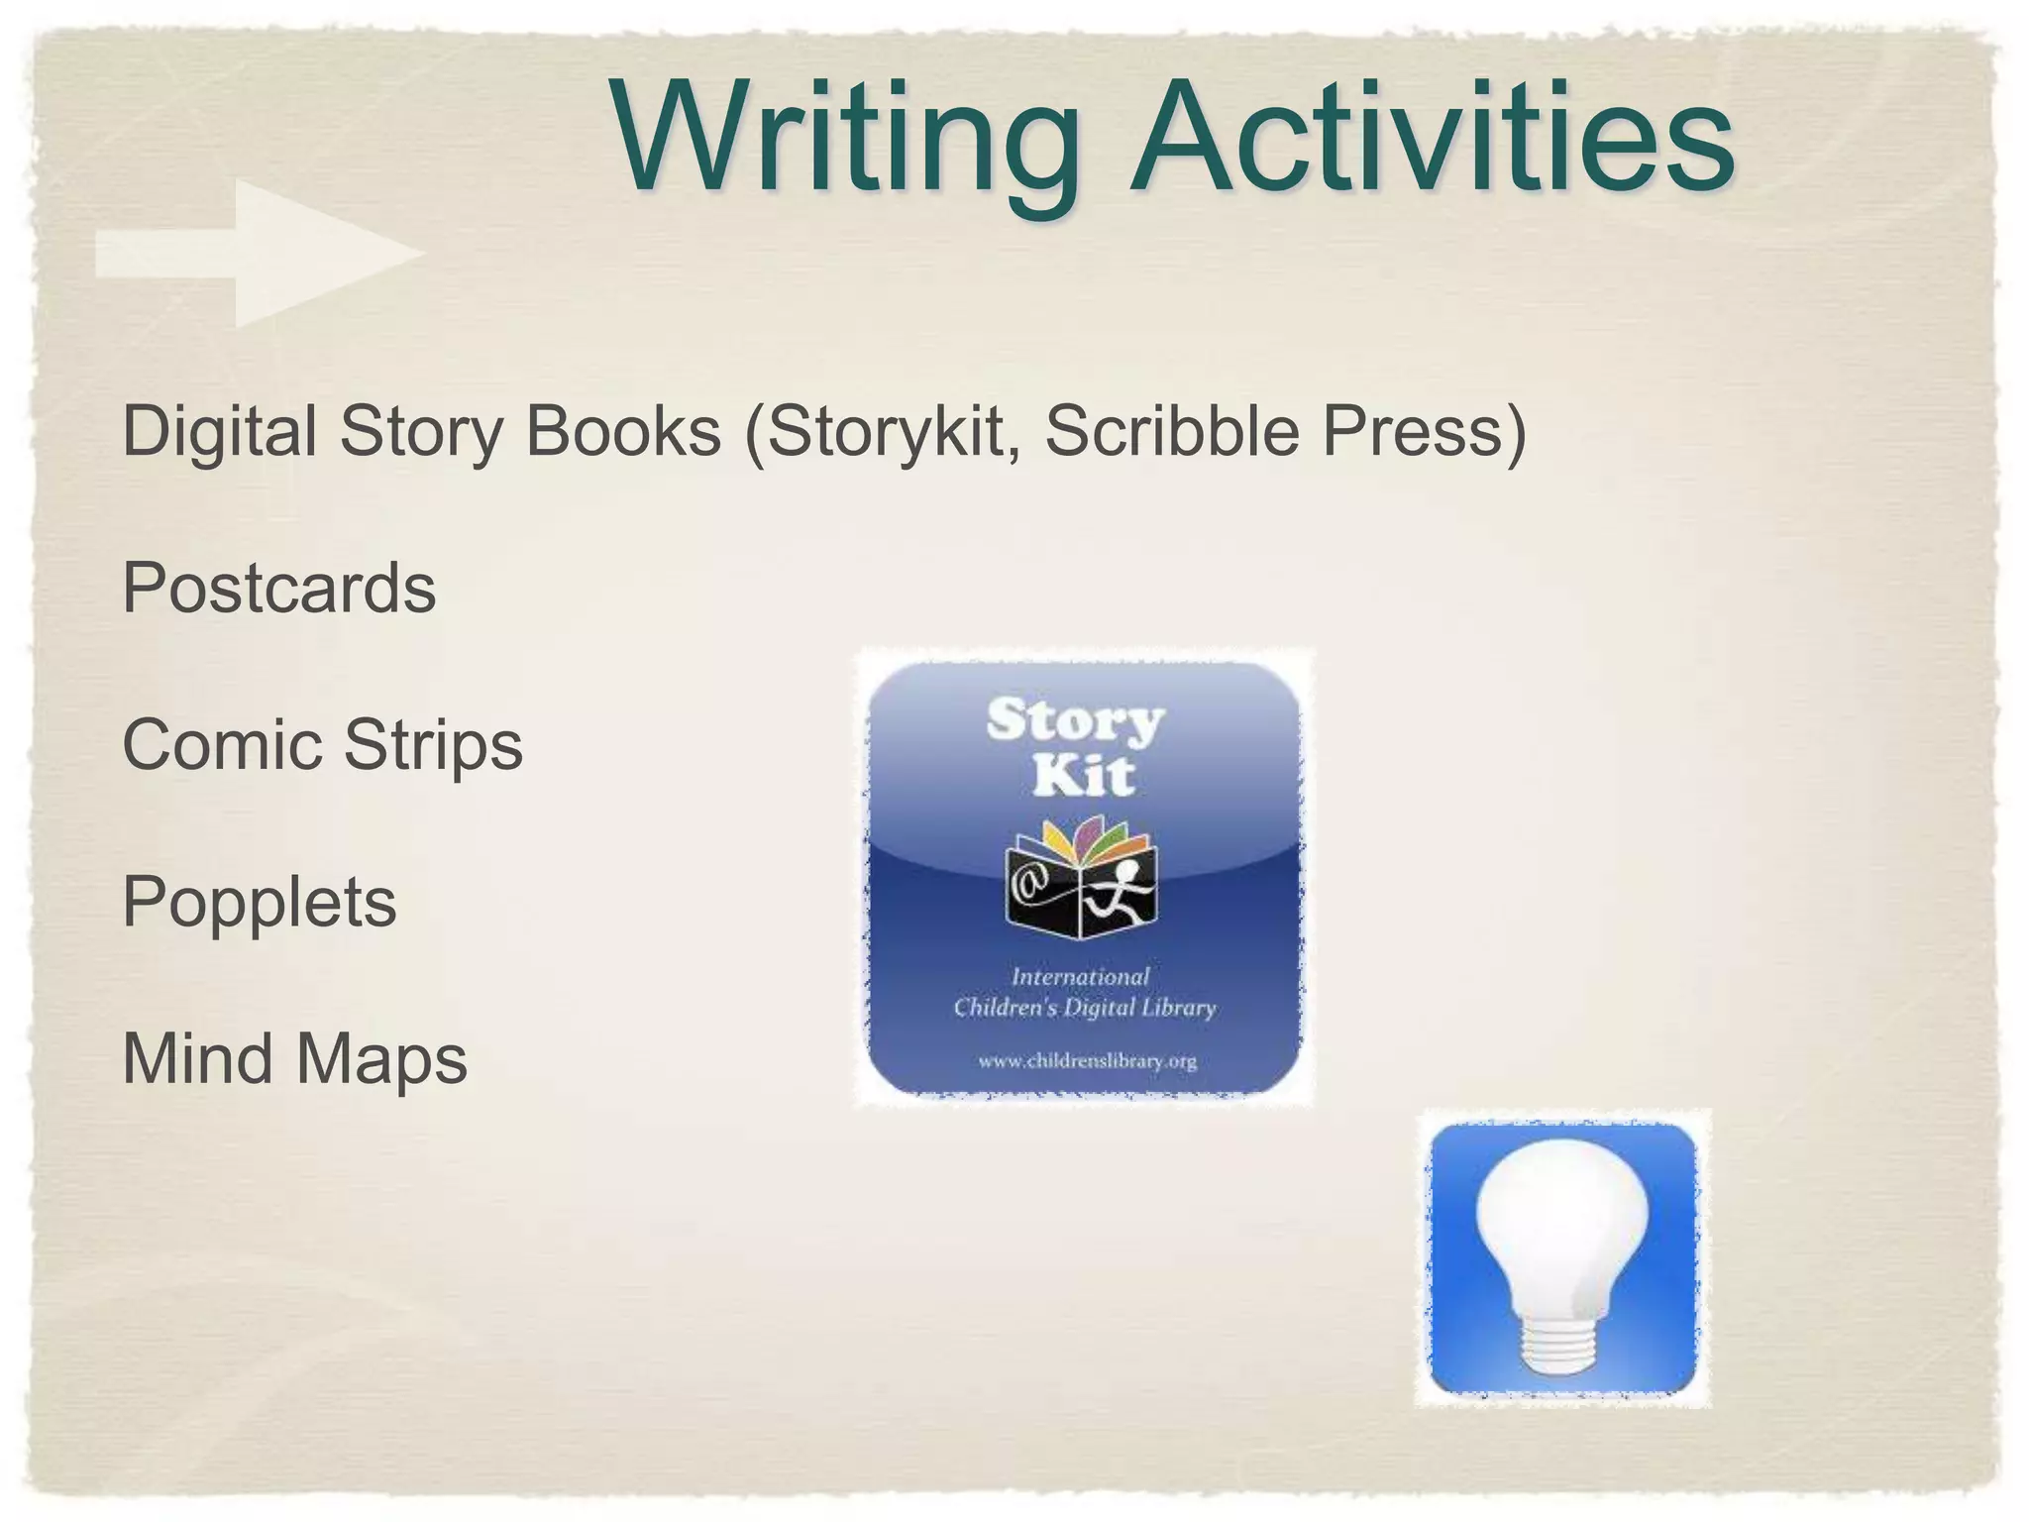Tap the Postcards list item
(x=278, y=588)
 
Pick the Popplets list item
(x=259, y=902)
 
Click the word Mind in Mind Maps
(x=197, y=1058)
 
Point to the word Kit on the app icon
(x=1083, y=775)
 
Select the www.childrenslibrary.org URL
(x=1087, y=1061)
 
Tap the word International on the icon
(x=1080, y=977)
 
